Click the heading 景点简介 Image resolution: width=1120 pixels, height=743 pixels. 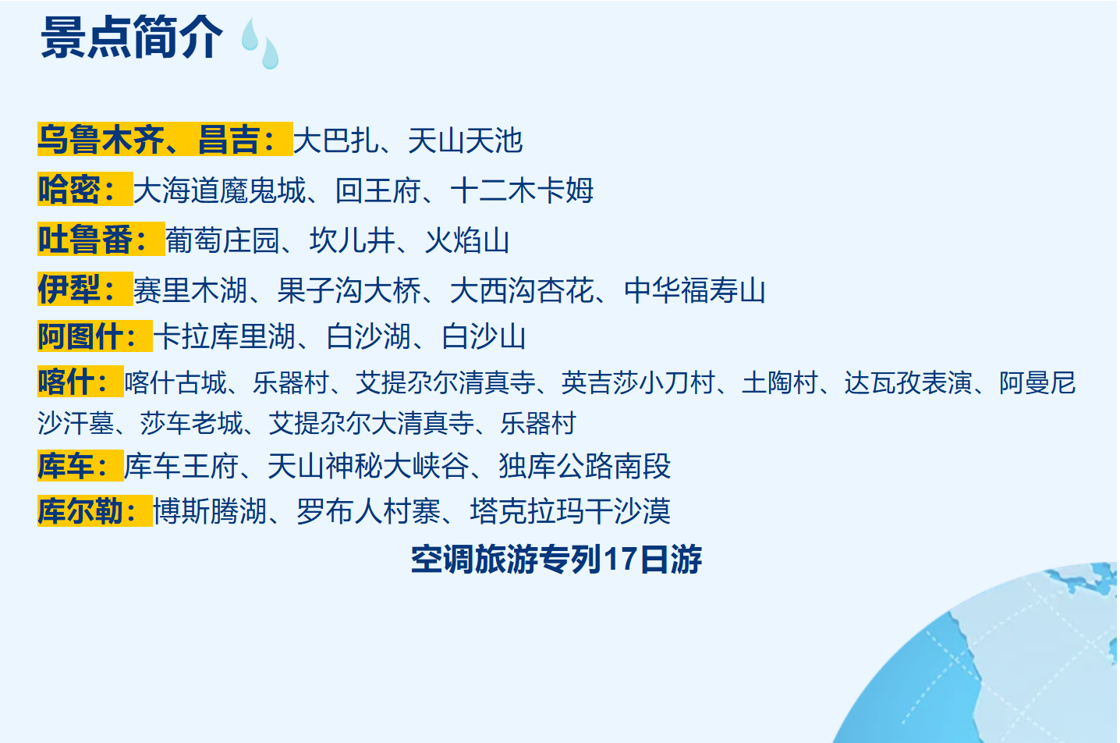click(x=131, y=37)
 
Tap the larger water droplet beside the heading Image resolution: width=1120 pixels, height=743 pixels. click(x=270, y=53)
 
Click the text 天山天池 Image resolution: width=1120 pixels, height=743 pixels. click(x=465, y=141)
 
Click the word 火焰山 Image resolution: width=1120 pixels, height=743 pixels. click(x=467, y=241)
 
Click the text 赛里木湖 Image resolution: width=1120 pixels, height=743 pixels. click(x=191, y=291)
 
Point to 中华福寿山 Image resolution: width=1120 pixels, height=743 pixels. click(x=695, y=291)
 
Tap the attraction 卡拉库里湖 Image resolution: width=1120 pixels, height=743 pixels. click(x=225, y=337)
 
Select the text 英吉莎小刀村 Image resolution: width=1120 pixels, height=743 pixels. click(x=638, y=383)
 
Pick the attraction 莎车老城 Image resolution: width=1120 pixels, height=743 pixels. click(x=191, y=424)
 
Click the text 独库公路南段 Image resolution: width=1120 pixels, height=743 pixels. click(x=585, y=467)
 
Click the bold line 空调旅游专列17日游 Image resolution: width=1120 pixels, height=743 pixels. click(x=556, y=560)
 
